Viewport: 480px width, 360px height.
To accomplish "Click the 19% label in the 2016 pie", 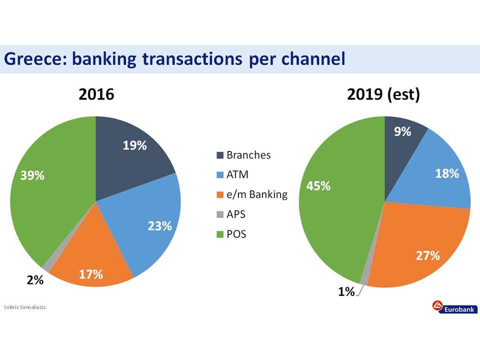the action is coord(134,145).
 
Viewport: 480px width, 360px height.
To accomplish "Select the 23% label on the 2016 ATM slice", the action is coord(160,226).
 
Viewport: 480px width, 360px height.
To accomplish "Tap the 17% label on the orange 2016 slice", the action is coord(91,274).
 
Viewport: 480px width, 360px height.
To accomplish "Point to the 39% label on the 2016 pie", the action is coord(32,175).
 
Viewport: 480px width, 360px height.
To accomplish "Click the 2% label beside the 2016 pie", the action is coord(35,280).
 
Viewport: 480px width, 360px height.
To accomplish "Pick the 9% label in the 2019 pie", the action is coord(402,131).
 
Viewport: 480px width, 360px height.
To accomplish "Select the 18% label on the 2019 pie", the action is coord(447,173).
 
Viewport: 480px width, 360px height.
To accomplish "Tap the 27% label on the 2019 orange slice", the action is coord(427,255).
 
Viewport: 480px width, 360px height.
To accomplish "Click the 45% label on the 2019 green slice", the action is coord(318,186).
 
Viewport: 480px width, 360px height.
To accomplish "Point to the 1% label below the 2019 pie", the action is coord(346,291).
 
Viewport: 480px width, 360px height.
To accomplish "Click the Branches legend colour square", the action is coord(220,155).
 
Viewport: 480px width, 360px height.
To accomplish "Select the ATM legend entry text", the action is coord(237,174).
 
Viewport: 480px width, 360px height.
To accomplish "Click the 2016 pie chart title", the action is coord(96,94).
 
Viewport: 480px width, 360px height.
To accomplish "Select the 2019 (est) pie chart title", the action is coord(383,94).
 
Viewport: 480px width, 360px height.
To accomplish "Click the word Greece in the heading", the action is coord(35,58).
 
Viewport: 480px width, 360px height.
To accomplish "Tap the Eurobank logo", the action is coord(455,307).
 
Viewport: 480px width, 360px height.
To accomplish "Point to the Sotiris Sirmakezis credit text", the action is coord(24,307).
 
